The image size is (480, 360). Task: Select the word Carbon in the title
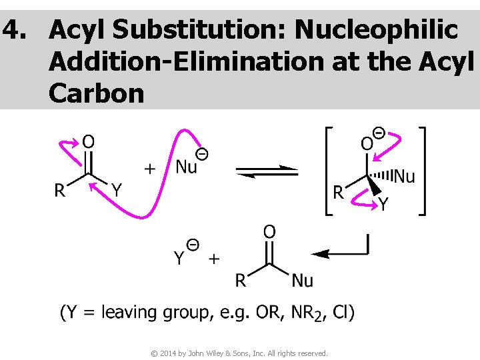pyautogui.click(x=96, y=93)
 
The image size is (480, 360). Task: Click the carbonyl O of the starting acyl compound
pyautogui.click(x=88, y=141)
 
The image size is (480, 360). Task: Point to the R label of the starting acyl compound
pyautogui.click(x=60, y=191)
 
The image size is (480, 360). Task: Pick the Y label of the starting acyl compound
pyautogui.click(x=117, y=191)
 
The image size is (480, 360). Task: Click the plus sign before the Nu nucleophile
pyautogui.click(x=151, y=169)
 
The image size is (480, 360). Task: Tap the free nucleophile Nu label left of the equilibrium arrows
pyautogui.click(x=187, y=167)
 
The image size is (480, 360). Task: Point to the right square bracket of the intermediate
pyautogui.click(x=421, y=170)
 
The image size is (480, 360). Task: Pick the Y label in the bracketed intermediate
pyautogui.click(x=383, y=205)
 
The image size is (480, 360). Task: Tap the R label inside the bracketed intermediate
pyautogui.click(x=338, y=193)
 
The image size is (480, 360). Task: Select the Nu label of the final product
pyautogui.click(x=302, y=281)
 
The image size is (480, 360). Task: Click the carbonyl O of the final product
pyautogui.click(x=269, y=232)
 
